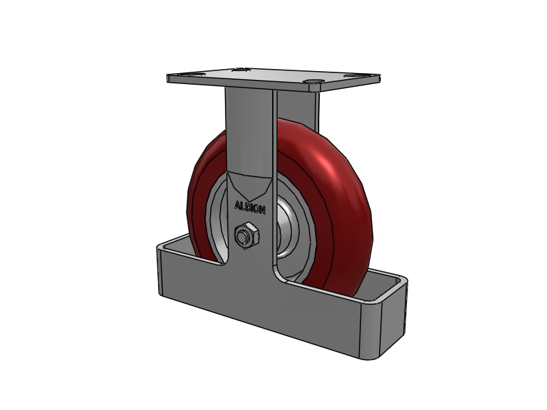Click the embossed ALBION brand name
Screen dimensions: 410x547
[250, 206]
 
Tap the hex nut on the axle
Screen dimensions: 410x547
[245, 236]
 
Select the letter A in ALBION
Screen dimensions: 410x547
[237, 204]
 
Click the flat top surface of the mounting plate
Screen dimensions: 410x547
[273, 76]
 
